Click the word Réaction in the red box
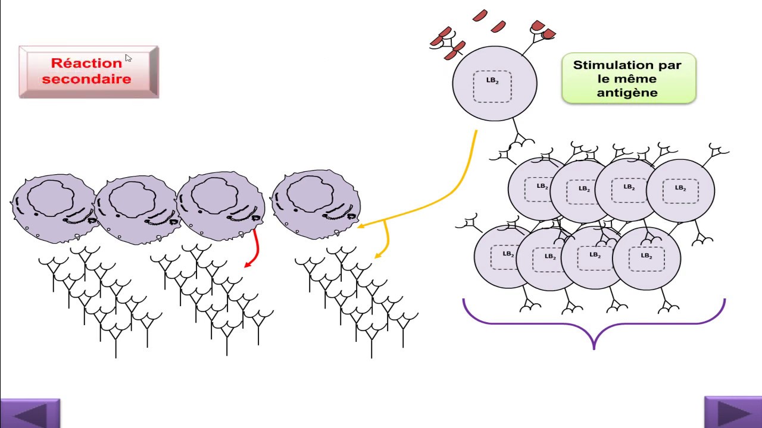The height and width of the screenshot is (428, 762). pyautogui.click(x=86, y=63)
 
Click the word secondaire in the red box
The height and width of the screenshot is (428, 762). pyautogui.click(x=86, y=79)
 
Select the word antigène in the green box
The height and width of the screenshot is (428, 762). pyautogui.click(x=627, y=93)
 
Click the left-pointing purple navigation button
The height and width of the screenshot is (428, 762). pyautogui.click(x=30, y=413)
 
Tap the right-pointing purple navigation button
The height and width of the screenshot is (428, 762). pyautogui.click(x=733, y=412)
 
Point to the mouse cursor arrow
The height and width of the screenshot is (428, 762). pyautogui.click(x=128, y=58)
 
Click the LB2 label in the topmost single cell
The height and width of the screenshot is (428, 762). pyautogui.click(x=492, y=80)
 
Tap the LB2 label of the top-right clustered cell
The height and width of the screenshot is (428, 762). pyautogui.click(x=680, y=188)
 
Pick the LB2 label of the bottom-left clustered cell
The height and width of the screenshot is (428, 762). pyautogui.click(x=508, y=254)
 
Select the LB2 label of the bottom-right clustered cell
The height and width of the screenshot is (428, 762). pyautogui.click(x=647, y=256)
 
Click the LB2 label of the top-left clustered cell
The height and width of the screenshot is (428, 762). pyautogui.click(x=542, y=186)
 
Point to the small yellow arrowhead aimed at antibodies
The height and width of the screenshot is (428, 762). pyautogui.click(x=377, y=256)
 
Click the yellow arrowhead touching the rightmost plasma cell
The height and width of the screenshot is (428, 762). pyautogui.click(x=361, y=225)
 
